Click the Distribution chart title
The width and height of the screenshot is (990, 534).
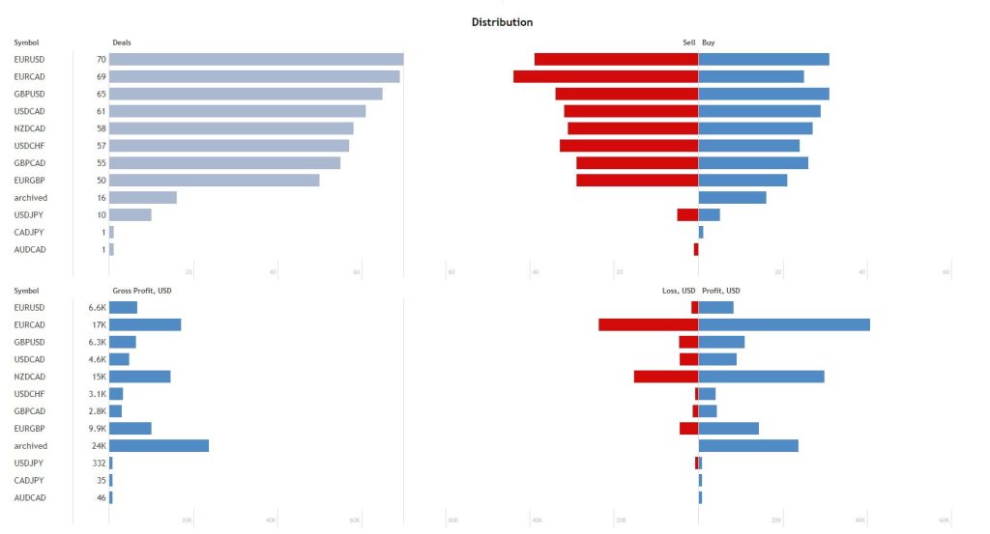[502, 22]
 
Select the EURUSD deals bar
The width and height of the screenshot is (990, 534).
[256, 60]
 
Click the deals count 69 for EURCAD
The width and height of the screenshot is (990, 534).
[101, 76]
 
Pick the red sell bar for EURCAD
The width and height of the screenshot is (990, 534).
[605, 76]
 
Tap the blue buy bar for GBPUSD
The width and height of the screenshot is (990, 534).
[764, 94]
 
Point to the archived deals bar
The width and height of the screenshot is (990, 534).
[143, 198]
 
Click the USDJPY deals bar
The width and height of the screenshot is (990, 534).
[131, 215]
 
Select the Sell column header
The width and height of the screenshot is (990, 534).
[688, 42]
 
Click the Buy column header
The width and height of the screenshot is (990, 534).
[709, 42]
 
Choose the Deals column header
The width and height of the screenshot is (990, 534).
[122, 42]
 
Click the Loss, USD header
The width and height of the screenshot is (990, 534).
[674, 291]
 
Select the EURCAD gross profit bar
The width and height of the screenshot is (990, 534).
[145, 324]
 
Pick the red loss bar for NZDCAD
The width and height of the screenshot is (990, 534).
[666, 377]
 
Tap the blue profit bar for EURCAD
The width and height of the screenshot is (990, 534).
[784, 324]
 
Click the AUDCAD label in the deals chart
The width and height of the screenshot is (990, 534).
[29, 250]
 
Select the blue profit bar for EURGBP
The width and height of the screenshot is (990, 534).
[729, 429]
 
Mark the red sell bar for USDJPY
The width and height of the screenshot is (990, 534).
[687, 215]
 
